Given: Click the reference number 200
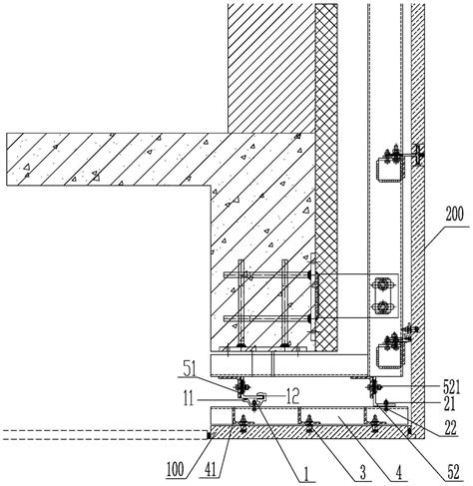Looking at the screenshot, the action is point(454,215).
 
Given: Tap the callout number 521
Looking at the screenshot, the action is point(452,387).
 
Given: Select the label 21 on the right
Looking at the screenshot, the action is point(449,404).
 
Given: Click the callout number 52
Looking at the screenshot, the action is point(454,472).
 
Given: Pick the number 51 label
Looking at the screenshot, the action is point(190,370).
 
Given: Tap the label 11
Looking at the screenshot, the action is point(189,399).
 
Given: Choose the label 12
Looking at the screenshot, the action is point(292,396).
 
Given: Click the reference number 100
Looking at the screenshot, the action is point(176,470).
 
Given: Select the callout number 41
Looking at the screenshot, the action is point(211,470).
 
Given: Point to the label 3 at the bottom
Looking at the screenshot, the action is point(363,472).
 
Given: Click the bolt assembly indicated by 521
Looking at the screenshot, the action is point(374,386).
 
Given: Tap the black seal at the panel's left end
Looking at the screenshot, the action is point(209,435).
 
